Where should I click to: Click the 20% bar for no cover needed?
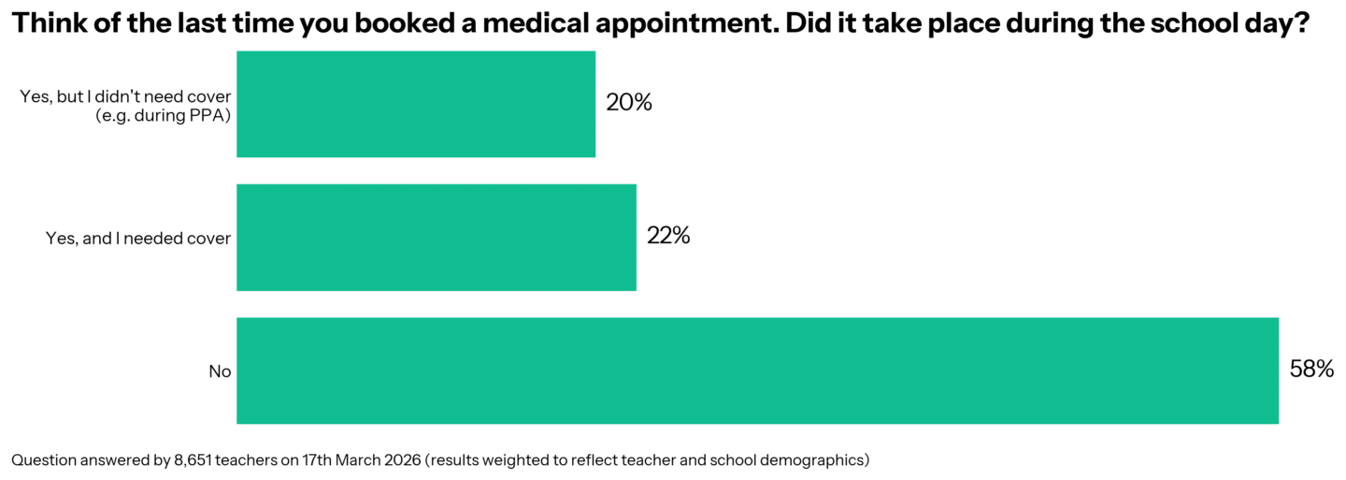(x=416, y=104)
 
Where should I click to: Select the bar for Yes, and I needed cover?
(x=437, y=238)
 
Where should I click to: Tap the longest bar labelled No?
(x=757, y=371)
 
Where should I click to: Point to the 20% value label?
(x=628, y=103)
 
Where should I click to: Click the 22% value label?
(x=668, y=237)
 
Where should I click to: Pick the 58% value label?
(x=1311, y=371)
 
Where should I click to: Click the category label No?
(x=220, y=371)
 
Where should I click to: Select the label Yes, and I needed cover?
(x=138, y=239)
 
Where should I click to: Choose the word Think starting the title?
(x=43, y=25)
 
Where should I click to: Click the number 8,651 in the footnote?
(x=193, y=459)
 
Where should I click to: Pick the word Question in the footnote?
(x=41, y=459)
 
